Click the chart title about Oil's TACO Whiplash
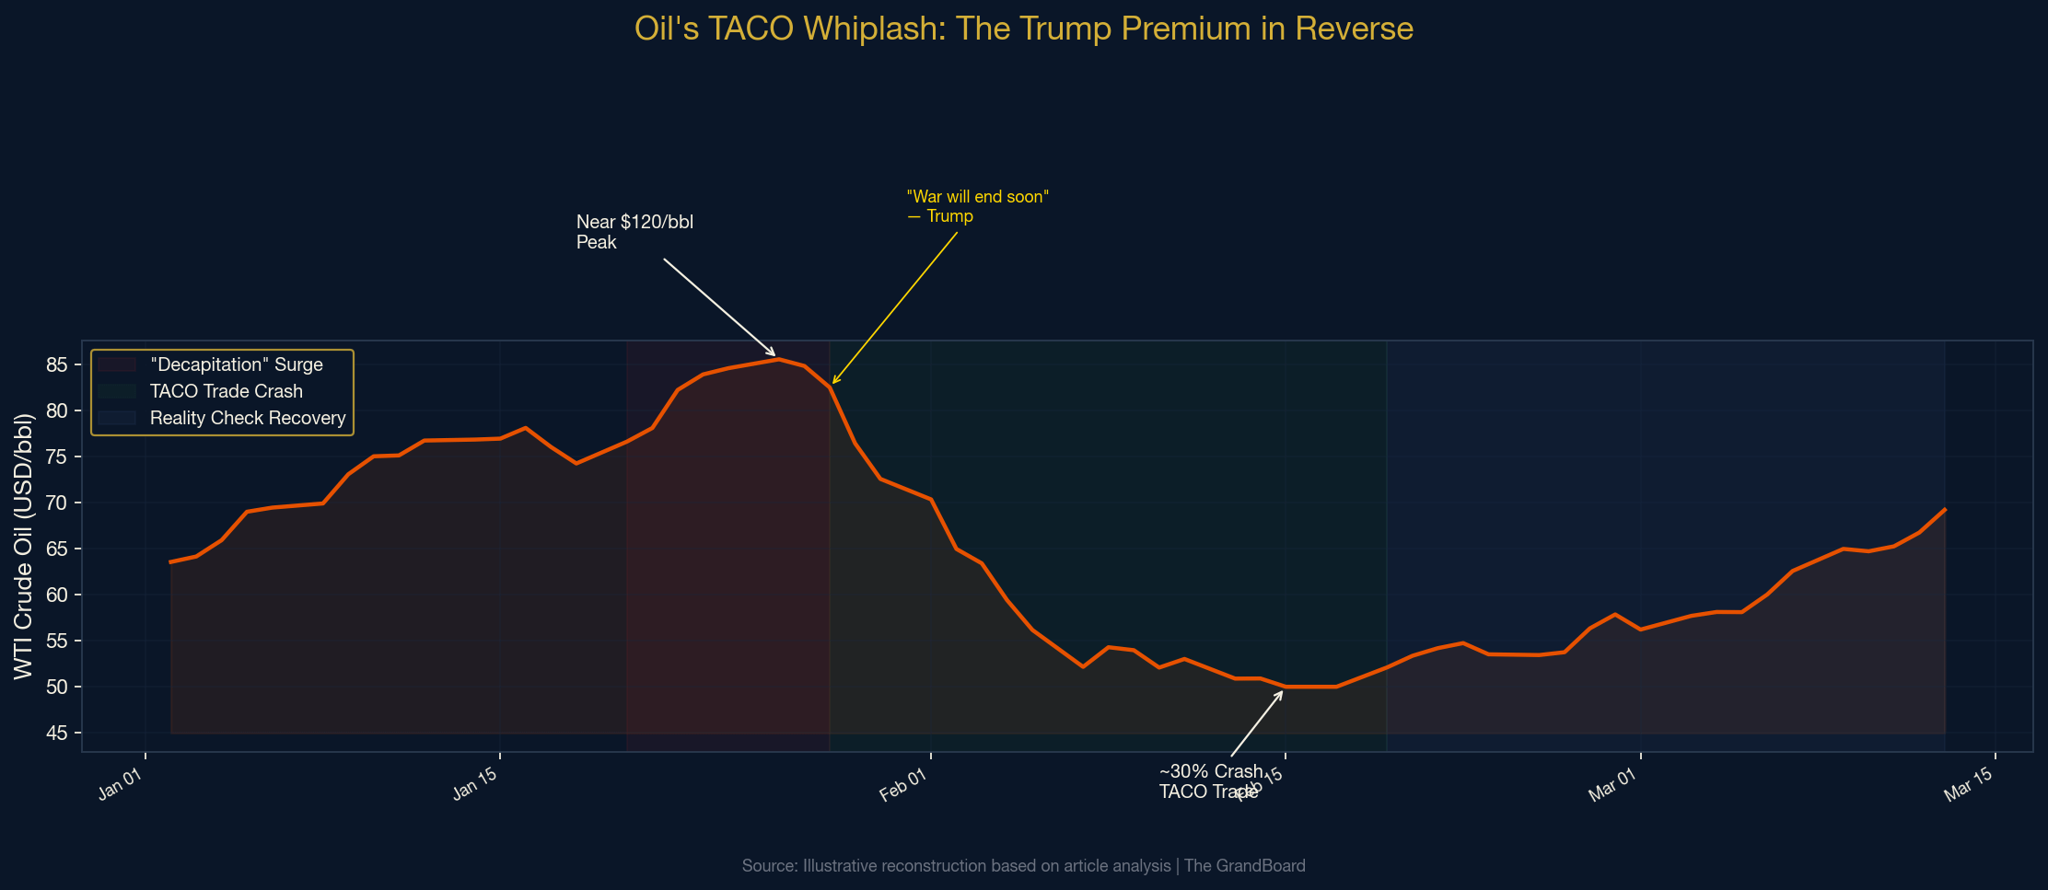click(x=1023, y=29)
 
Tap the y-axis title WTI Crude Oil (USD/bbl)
click(x=24, y=547)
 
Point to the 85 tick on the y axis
click(x=57, y=365)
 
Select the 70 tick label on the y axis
click(x=57, y=503)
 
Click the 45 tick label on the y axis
click(x=57, y=734)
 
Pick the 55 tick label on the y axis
click(x=57, y=641)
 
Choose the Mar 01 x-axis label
click(x=1612, y=786)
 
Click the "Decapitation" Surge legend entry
click(x=236, y=364)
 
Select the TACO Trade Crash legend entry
click(x=226, y=391)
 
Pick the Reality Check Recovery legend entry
click(x=248, y=418)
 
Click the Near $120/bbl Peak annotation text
click(x=634, y=232)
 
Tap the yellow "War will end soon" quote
click(x=977, y=206)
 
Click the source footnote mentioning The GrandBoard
click(x=1023, y=866)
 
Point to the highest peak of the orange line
click(x=779, y=359)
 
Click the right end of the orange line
click(x=1944, y=509)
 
